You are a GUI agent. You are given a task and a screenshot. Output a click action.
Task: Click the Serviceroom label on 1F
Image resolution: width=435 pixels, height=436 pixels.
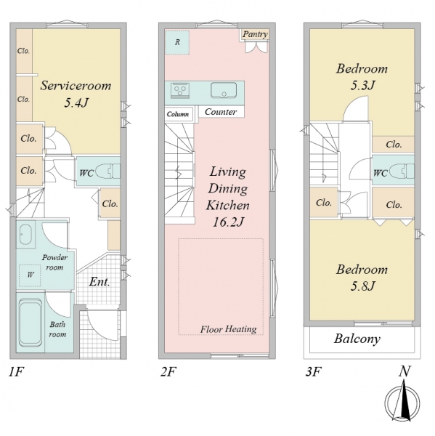pos(76,85)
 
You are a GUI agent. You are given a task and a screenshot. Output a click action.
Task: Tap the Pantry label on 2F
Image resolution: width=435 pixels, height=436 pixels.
pos(255,34)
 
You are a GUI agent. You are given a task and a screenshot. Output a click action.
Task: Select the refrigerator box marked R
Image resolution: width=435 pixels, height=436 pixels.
pos(177,42)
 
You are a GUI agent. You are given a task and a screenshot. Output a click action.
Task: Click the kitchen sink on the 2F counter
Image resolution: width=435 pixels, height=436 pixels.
pos(224,90)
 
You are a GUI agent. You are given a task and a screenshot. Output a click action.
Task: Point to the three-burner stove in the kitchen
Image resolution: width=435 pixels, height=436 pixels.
pos(180,90)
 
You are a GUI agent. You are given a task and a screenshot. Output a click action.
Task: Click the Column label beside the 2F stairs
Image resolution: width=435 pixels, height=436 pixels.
pos(178,114)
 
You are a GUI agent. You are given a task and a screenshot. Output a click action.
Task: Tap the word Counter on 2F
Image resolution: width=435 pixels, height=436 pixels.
pos(221,112)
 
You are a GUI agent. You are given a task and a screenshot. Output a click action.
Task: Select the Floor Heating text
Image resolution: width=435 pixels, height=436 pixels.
pos(229,329)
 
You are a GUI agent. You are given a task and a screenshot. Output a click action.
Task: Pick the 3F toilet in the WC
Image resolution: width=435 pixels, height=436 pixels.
pos(402,171)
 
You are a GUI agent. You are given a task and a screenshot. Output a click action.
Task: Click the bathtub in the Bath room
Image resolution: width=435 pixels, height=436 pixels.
pos(31,322)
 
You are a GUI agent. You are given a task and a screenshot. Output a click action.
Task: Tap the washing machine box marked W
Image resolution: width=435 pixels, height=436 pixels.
pos(30,275)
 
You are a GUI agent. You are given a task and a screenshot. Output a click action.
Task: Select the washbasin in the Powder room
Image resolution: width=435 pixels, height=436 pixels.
pos(26,234)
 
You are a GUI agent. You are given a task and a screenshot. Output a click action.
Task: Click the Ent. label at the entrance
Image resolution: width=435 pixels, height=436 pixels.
pos(99,282)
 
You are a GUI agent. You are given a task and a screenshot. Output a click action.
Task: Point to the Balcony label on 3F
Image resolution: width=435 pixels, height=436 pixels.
pos(357,339)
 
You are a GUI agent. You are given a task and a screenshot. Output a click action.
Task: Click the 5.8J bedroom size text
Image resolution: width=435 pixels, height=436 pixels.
pos(362,286)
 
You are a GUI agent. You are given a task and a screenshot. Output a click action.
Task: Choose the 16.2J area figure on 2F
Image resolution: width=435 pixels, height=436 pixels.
pos(228,222)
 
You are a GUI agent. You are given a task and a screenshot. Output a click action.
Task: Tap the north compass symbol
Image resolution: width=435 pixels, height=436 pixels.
pos(402,402)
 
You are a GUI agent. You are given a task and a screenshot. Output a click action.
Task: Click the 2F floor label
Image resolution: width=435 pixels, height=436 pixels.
pos(168,371)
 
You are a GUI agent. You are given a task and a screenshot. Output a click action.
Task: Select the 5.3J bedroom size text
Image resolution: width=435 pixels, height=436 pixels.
pos(362,85)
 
